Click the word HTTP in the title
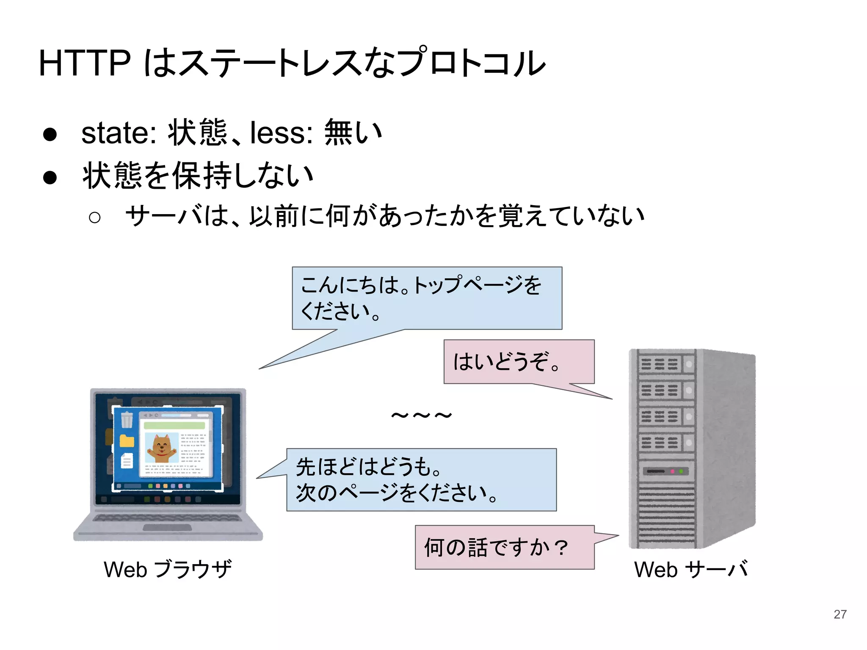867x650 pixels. (85, 63)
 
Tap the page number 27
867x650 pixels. (840, 614)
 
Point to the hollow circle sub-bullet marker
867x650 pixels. (95, 218)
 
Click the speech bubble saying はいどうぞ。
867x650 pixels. (519, 362)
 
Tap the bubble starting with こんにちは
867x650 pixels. (427, 298)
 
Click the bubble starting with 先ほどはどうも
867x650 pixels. (421, 479)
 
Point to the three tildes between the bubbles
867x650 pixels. (421, 416)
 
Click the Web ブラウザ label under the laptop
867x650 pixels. (168, 569)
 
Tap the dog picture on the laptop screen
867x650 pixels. (161, 448)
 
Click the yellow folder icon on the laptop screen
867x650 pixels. (127, 441)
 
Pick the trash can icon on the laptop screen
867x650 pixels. (127, 420)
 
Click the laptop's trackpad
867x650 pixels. (167, 528)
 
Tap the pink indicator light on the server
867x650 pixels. (672, 471)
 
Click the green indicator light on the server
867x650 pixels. (681, 471)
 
